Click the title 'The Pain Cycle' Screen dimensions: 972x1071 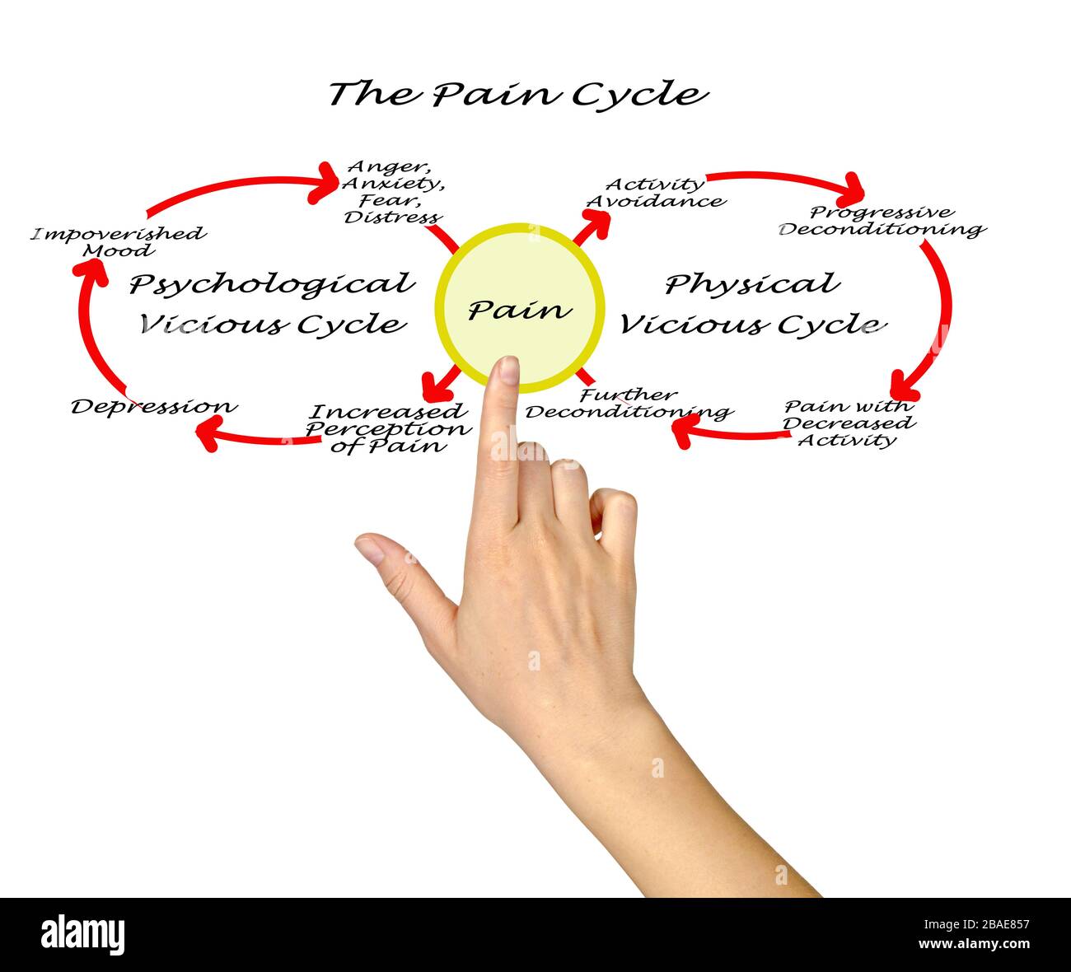(517, 94)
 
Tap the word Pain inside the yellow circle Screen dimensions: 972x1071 (519, 310)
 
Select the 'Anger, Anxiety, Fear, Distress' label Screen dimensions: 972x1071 (392, 193)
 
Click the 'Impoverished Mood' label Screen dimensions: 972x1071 (119, 241)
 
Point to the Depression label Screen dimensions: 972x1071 (154, 406)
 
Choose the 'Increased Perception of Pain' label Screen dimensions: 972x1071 (387, 428)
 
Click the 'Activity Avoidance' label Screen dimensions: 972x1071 (655, 193)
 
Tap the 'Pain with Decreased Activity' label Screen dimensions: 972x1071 (849, 423)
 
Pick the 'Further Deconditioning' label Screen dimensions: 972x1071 (628, 403)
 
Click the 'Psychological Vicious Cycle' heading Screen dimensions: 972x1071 (272, 303)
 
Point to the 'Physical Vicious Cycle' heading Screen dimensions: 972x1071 (751, 303)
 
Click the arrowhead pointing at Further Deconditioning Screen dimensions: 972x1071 (684, 429)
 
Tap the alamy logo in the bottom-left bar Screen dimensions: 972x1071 (83, 935)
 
